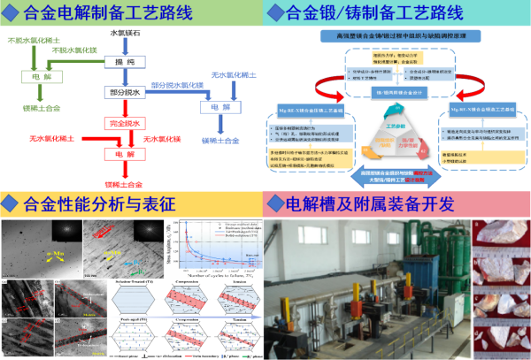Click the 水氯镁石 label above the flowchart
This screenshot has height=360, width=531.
tap(126, 33)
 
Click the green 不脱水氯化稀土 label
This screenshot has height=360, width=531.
tap(27, 39)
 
